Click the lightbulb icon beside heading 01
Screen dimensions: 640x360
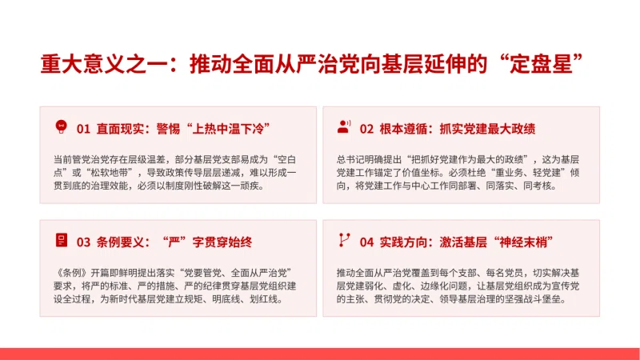pyautogui.click(x=62, y=127)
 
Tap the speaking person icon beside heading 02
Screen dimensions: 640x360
pyautogui.click(x=344, y=126)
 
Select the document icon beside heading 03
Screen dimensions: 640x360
pyautogui.click(x=62, y=240)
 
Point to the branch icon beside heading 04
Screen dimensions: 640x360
pyautogui.click(x=344, y=240)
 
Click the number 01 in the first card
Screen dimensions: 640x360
pyautogui.click(x=83, y=129)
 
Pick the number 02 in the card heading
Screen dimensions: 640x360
pyautogui.click(x=366, y=129)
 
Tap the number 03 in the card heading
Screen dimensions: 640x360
pyautogui.click(x=83, y=242)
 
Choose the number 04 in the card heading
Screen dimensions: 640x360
pyautogui.click(x=366, y=242)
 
